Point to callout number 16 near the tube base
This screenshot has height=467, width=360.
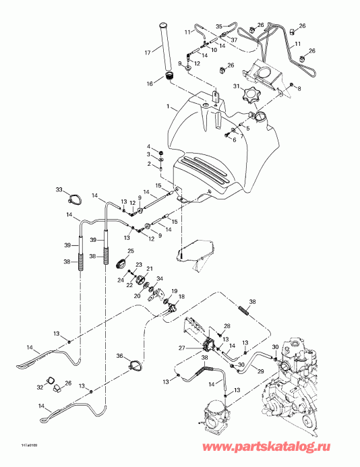click(160, 84)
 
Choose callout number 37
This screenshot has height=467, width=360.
click(234, 40)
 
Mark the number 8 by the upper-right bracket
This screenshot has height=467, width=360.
click(300, 88)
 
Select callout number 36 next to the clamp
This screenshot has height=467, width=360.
click(119, 356)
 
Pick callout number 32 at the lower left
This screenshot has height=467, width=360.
click(39, 387)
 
